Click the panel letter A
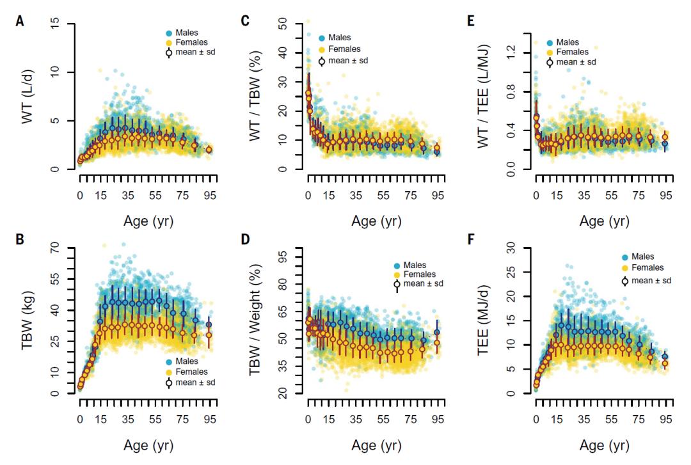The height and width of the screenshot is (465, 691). pos(20,21)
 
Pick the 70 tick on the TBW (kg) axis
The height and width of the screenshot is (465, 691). pos(56,247)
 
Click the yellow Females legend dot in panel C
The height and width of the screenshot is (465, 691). pos(321,49)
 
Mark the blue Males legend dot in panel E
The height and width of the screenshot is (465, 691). pos(551,38)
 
